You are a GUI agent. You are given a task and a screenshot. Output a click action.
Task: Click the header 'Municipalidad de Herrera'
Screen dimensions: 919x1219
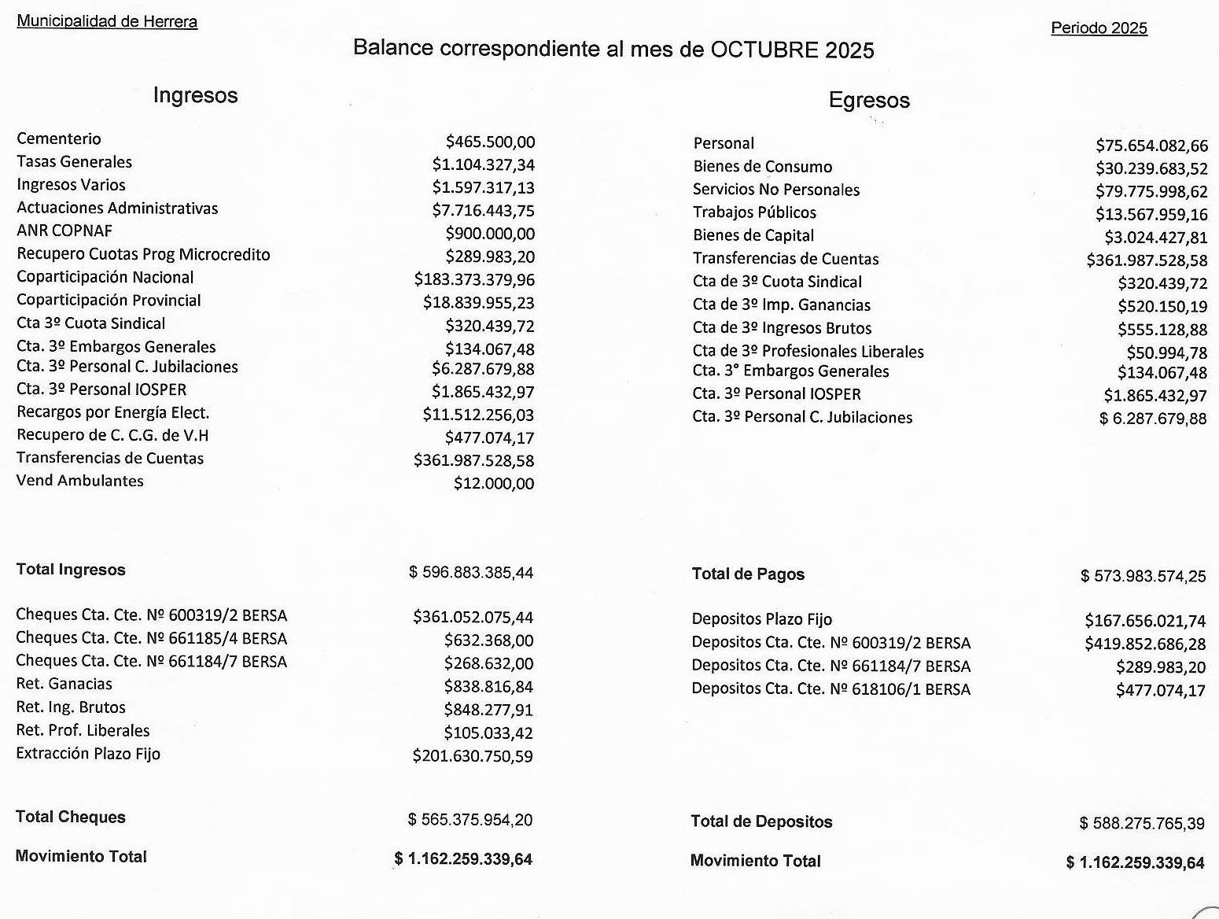107,21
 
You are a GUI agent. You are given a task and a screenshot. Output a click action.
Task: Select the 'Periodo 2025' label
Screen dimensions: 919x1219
1099,28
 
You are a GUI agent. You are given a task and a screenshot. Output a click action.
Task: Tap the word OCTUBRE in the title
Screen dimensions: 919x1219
764,50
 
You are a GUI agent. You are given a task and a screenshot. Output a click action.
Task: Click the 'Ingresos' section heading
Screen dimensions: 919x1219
195,95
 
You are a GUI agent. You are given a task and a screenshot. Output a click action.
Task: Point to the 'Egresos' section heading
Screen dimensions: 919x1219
869,100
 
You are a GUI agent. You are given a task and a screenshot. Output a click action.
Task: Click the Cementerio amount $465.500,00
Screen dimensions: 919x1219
490,142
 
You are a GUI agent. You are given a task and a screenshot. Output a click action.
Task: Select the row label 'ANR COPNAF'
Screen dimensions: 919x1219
64,231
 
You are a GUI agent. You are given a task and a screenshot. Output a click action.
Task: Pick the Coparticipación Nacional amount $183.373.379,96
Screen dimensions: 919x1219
474,279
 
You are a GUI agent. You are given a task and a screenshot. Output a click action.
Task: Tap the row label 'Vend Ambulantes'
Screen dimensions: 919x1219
79,481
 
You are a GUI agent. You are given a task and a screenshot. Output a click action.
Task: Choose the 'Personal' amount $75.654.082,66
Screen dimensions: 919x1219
1151,145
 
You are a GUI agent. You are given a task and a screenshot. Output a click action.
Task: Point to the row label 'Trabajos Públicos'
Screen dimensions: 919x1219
754,212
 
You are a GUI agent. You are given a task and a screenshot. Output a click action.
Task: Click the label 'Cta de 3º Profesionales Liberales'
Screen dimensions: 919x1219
808,351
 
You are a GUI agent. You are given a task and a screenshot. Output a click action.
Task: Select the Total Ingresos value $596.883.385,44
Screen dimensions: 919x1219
471,572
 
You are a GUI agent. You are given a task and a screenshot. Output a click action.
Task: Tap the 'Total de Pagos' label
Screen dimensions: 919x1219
748,574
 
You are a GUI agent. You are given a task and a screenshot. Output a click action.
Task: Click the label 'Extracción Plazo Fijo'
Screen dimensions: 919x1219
88,754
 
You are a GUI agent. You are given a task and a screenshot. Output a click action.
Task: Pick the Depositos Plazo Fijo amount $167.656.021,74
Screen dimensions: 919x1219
1145,621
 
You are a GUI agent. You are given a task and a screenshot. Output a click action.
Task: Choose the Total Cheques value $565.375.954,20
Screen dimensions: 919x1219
470,820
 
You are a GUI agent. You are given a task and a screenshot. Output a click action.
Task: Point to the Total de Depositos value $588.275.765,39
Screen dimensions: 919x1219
1142,823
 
